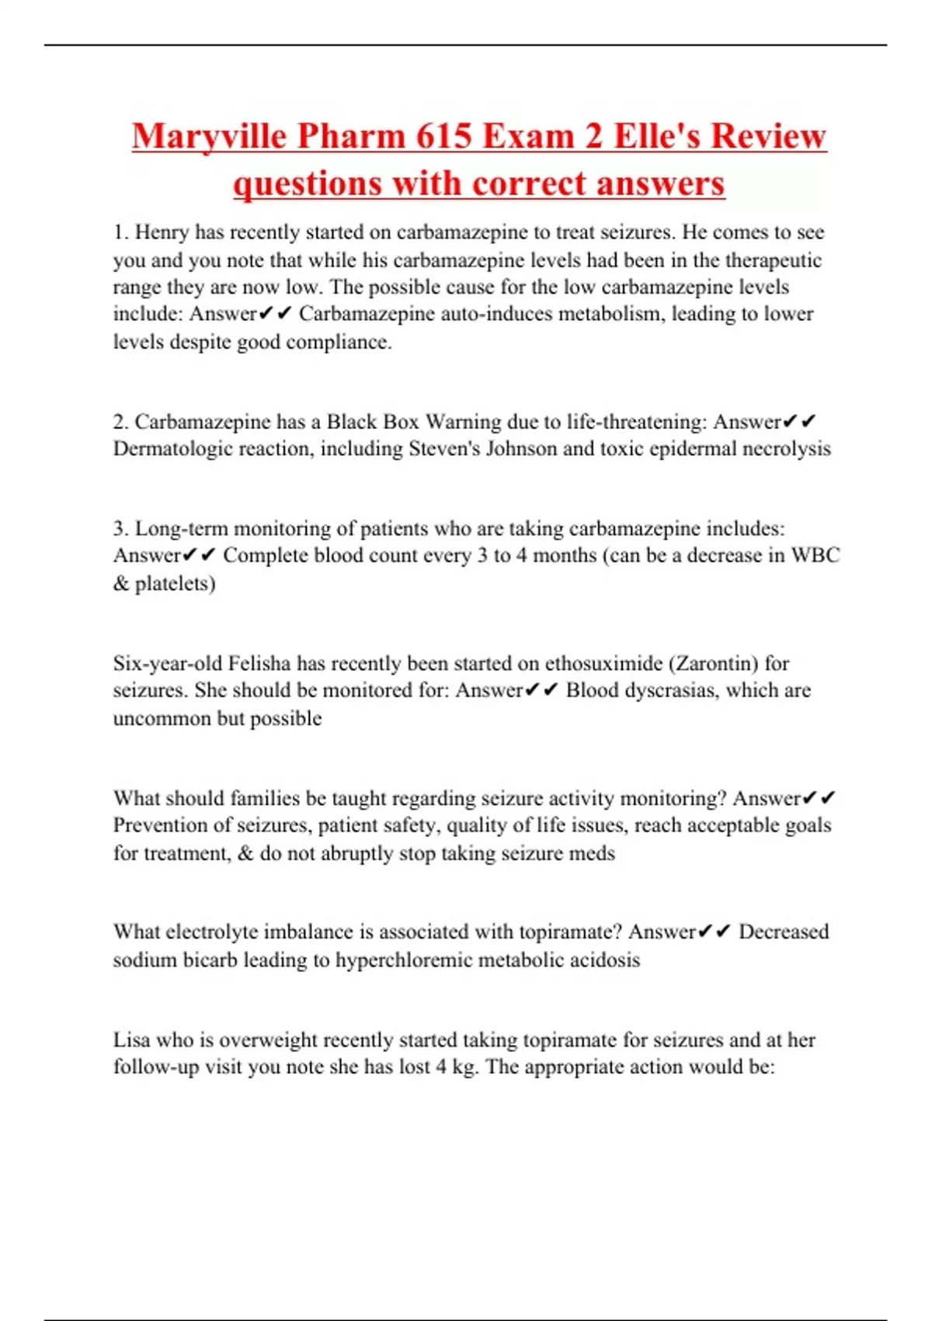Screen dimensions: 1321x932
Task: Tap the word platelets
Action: (175, 584)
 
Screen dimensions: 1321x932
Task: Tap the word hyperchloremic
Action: (404, 960)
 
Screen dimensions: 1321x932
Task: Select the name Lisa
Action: (131, 1040)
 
